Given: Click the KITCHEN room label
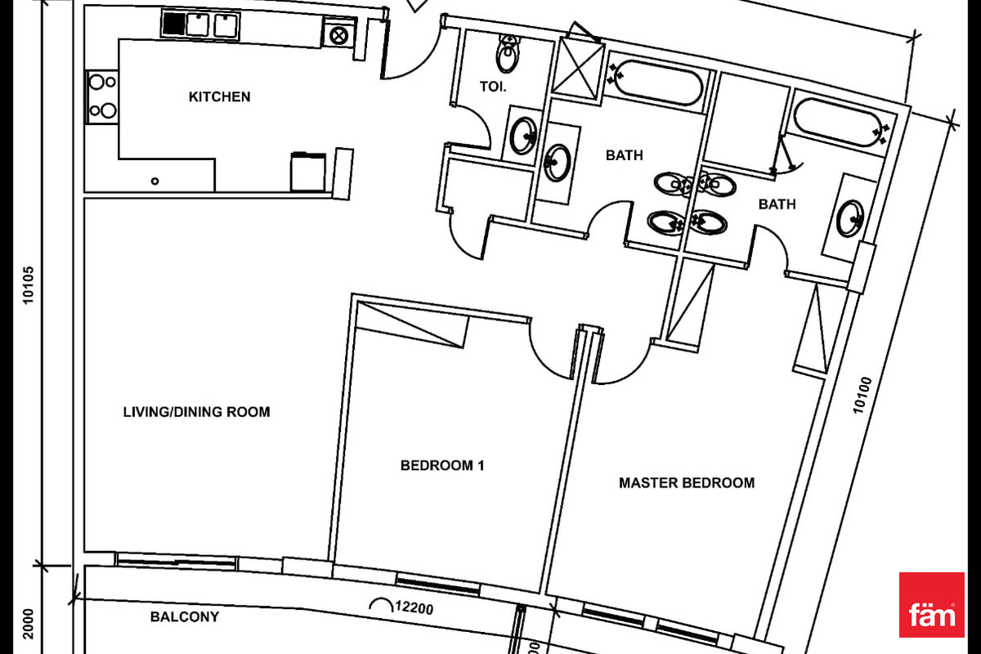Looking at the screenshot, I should (219, 96).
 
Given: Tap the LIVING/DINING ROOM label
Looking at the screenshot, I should (196, 412).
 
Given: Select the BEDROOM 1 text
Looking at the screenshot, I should (442, 466).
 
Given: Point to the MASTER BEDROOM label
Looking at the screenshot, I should (687, 483).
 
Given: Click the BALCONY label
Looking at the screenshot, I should (185, 617).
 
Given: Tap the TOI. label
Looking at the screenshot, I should (493, 86).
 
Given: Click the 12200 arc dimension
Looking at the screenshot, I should (405, 607).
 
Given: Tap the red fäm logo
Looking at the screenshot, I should (931, 605).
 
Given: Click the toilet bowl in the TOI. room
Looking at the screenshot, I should (508, 55).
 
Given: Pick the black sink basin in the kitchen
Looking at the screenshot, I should (173, 23).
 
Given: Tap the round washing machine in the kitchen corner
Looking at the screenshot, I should (337, 34).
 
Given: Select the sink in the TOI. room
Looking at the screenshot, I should (523, 136).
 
